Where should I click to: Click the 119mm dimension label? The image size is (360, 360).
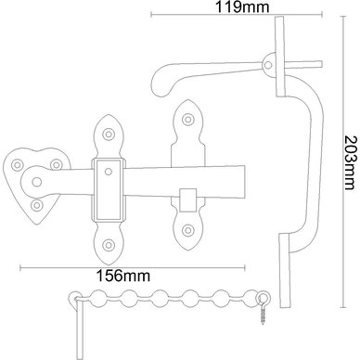point(242,6)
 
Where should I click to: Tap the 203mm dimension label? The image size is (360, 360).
point(351,162)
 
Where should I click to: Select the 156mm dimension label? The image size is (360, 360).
point(123,276)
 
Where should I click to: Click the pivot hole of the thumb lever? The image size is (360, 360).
point(268,65)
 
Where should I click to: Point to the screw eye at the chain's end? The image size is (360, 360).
point(264,307)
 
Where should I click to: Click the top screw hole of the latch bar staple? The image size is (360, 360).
point(109,134)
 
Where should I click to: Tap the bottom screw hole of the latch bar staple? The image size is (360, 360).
point(109,245)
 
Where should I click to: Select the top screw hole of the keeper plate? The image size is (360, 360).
point(187,119)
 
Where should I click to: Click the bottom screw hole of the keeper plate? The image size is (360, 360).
point(187,230)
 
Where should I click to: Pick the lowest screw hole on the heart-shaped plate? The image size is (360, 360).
point(37,205)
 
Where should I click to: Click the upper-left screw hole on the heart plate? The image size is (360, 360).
point(17,164)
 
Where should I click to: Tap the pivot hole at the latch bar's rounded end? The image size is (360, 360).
point(37,183)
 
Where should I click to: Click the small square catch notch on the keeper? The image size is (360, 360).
point(187,200)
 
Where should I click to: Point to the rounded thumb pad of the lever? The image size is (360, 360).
point(161,82)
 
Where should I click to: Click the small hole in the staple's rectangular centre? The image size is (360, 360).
point(109,172)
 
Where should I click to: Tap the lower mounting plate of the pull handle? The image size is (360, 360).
point(284,271)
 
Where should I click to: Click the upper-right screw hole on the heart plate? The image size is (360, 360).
point(56,164)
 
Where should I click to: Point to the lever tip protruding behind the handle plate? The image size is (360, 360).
point(304,64)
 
